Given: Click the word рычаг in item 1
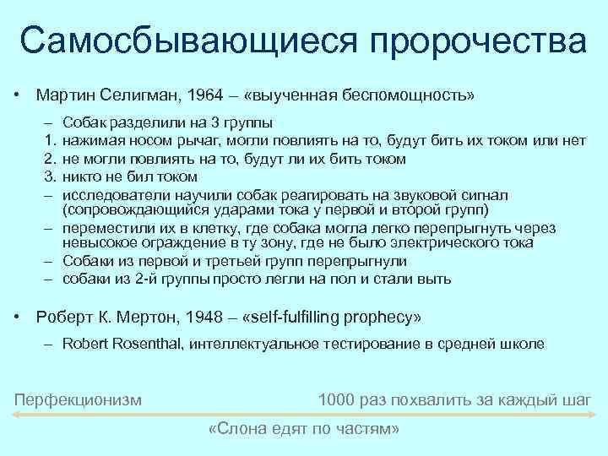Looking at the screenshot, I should [x=195, y=140].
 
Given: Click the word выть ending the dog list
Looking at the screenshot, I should [x=436, y=279].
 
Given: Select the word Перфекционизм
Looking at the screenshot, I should [x=79, y=398].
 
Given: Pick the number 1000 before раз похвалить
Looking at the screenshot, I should [x=335, y=398].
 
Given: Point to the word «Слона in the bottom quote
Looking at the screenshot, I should [x=235, y=430].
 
